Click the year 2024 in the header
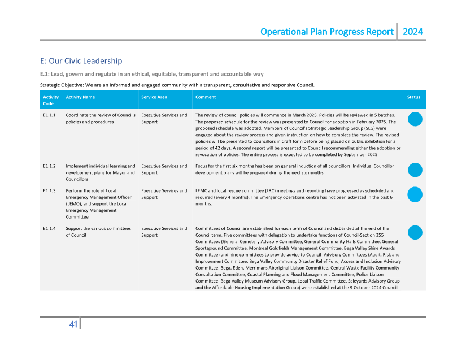pos(412,32)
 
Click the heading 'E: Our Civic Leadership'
pos(81,61)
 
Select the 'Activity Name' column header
pos(80,97)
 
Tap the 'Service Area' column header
pos(154,97)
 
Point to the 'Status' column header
pos(413,97)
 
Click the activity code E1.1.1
pos(49,115)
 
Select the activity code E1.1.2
pos(49,166)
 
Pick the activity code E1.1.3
pos(49,191)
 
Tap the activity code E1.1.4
pos(49,229)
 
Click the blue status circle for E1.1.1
pos(415,119)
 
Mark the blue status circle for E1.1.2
pos(415,170)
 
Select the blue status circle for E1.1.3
pos(415,194)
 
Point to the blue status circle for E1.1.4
pos(415,232)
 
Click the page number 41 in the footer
pos(73,324)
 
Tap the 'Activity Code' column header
pos(51,100)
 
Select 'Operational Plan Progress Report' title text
pos(326,32)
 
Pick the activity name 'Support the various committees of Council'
pos(98,232)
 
